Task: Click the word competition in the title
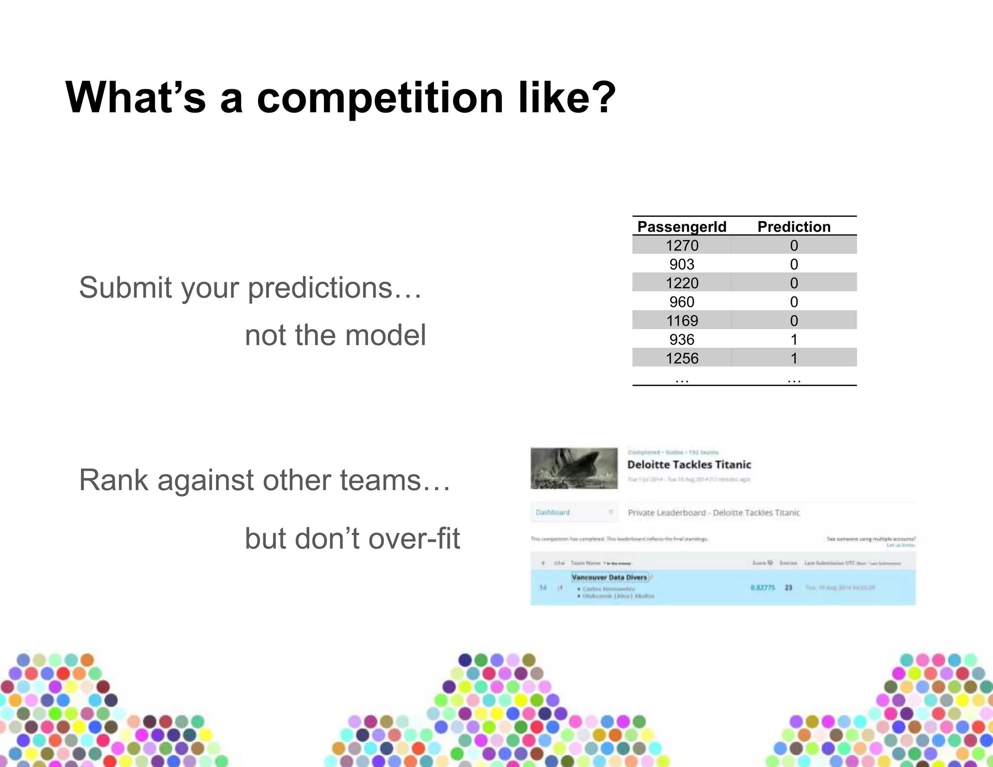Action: (x=380, y=98)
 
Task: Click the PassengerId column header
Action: (x=681, y=226)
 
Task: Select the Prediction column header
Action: (x=794, y=226)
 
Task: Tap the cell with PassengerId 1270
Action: (x=682, y=245)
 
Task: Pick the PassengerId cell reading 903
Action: (x=682, y=264)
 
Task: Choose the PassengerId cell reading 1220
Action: (x=682, y=283)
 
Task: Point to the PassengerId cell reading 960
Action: (x=682, y=302)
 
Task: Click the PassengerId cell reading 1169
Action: (x=682, y=320)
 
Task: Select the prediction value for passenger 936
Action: (x=794, y=339)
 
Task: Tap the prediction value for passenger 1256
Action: (x=794, y=358)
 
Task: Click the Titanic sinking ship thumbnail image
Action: (x=574, y=468)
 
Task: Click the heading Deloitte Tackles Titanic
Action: (x=689, y=464)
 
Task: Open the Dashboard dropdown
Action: (x=574, y=512)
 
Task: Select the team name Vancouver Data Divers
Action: (x=609, y=577)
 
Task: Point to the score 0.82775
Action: (x=763, y=588)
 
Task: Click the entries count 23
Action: (x=788, y=588)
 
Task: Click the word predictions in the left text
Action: (x=320, y=288)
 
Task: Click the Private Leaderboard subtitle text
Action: (x=714, y=512)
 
